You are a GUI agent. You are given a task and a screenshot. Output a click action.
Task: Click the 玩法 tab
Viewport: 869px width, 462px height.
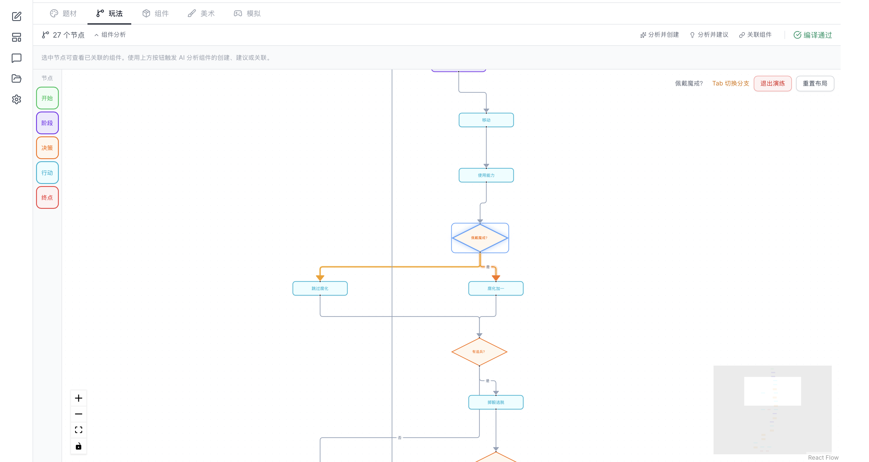pyautogui.click(x=109, y=14)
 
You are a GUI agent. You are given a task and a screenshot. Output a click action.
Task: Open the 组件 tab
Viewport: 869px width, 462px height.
pyautogui.click(x=155, y=14)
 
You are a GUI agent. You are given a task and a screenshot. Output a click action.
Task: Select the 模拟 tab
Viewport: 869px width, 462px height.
pyautogui.click(x=247, y=14)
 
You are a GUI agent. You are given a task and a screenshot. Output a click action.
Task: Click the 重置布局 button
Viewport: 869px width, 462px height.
pyautogui.click(x=815, y=83)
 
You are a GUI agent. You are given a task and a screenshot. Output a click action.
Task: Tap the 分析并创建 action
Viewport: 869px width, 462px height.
pyautogui.click(x=659, y=35)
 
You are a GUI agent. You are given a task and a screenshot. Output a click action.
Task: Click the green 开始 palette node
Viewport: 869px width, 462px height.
pyautogui.click(x=47, y=98)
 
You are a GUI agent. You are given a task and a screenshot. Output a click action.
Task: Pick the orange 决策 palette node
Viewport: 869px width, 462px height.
pyautogui.click(x=47, y=148)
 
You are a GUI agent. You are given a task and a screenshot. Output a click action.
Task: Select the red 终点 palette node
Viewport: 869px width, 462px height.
pyautogui.click(x=47, y=197)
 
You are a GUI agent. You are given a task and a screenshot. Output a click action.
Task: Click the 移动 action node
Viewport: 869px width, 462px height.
pyautogui.click(x=486, y=120)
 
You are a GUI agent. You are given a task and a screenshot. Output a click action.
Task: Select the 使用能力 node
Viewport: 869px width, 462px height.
pyautogui.click(x=486, y=175)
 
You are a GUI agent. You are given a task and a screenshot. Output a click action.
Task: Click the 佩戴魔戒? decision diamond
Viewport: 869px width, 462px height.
pyautogui.click(x=480, y=238)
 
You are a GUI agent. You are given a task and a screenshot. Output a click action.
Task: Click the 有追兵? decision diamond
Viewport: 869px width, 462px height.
pyautogui.click(x=479, y=352)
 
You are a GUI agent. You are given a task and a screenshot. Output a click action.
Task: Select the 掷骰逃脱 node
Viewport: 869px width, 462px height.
pyautogui.click(x=496, y=402)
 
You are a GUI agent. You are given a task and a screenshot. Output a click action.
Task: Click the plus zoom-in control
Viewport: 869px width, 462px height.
pyautogui.click(x=79, y=398)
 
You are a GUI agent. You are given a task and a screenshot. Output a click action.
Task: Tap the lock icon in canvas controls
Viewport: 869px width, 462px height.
pyautogui.click(x=79, y=446)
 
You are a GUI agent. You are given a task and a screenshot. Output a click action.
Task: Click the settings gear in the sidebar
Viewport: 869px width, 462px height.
pyautogui.click(x=17, y=99)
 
